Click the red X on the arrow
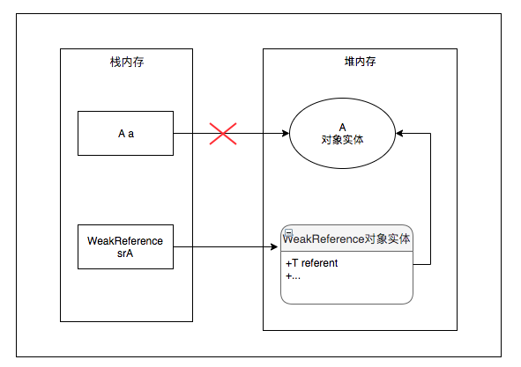point(222,134)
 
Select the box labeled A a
point(126,134)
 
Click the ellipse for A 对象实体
point(343,134)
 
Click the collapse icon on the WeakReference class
point(287,231)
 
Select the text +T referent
point(311,262)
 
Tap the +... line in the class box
point(294,275)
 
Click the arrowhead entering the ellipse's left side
point(286,134)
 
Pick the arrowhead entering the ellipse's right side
point(401,134)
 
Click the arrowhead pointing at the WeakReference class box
point(276,247)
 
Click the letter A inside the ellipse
point(343,127)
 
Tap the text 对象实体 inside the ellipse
point(343,140)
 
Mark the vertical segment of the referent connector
point(430,198)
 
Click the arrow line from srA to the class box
point(225,247)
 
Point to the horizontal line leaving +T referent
point(421,263)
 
